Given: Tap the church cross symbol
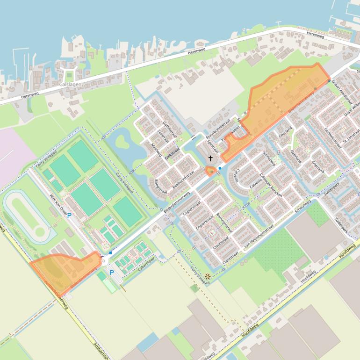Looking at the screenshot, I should (211, 159).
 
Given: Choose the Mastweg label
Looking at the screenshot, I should (156, 151).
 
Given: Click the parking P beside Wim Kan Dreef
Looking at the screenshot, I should (70, 216).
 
